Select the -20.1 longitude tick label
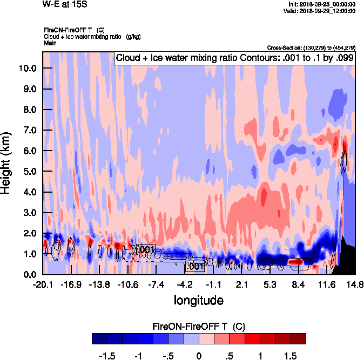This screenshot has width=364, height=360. (x=42, y=284)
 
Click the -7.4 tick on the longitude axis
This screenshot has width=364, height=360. (x=156, y=284)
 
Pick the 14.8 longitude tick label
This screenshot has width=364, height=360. (x=354, y=284)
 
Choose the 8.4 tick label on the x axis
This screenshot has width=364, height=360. (x=299, y=284)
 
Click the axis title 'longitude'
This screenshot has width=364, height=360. (x=199, y=299)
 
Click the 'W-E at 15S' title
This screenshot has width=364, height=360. (x=64, y=4)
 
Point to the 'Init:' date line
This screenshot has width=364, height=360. (x=322, y=4)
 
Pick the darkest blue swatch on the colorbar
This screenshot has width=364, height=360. (x=99, y=338)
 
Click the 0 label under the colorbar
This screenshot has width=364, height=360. (x=199, y=356)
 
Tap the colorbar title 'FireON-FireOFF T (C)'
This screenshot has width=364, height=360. (x=199, y=326)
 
